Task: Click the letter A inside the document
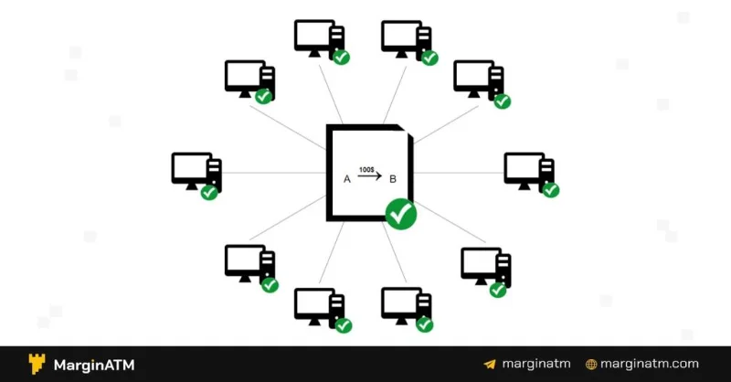coord(347,179)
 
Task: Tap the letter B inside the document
coord(393,179)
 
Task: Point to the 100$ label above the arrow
coord(366,170)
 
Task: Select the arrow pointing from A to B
coord(370,175)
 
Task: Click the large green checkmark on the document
coord(401,214)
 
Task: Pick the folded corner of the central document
coord(406,131)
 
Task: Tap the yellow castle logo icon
coord(37,364)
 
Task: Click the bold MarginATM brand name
coord(94,365)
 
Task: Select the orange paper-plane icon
coord(490,365)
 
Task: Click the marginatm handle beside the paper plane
coord(536,364)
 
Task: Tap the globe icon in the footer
coord(591,365)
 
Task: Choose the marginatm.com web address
coord(650,364)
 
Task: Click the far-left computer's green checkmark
coord(209,192)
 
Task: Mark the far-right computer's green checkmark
coord(551,189)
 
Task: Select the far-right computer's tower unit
coord(547,172)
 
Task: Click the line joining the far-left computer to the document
coord(274,173)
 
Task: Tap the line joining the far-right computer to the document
coord(459,173)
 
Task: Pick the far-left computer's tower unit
coord(215,174)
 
